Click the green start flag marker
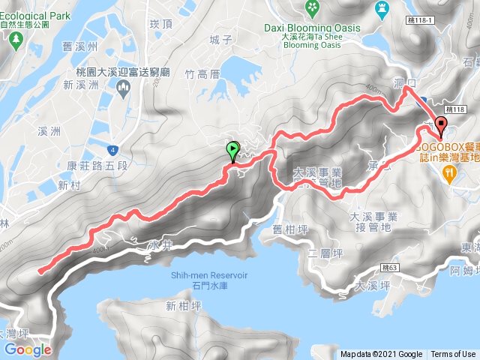pos(232,151)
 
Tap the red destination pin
pos(441,126)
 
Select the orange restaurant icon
pos(449,173)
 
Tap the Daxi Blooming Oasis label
pos(322,28)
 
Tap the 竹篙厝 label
pos(201,73)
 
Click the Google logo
pos(27,349)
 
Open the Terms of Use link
pos(453,355)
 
